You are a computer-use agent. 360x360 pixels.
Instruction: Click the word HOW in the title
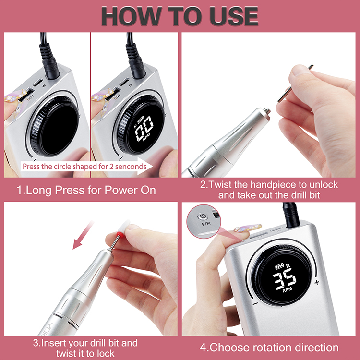click(x=131, y=16)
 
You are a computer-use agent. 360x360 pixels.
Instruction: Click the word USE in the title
click(x=234, y=16)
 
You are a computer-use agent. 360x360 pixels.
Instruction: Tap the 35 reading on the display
click(x=284, y=279)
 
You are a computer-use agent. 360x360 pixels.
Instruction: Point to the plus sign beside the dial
click(x=317, y=282)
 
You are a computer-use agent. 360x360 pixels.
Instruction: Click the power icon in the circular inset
click(x=203, y=216)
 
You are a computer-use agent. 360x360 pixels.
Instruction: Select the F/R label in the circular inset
click(x=206, y=223)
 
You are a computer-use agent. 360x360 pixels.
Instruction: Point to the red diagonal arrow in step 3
click(x=83, y=235)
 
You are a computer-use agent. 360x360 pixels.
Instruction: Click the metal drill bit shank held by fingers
click(x=295, y=83)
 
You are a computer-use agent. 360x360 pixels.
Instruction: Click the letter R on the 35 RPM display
click(x=288, y=266)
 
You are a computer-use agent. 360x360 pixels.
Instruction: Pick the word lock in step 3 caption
click(x=106, y=353)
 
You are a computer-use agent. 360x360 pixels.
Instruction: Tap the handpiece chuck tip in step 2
click(x=267, y=111)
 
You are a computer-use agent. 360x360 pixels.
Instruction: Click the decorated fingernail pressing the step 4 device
click(x=248, y=228)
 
